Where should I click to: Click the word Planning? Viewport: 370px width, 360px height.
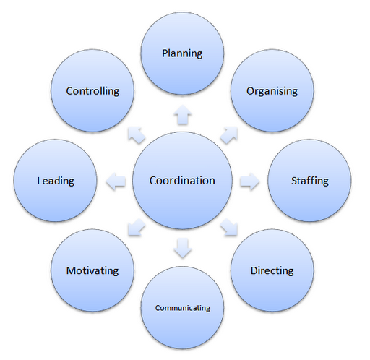(182, 53)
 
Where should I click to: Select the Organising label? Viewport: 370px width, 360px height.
(272, 91)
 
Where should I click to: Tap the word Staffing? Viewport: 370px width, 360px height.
(310, 181)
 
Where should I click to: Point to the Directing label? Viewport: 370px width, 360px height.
(272, 270)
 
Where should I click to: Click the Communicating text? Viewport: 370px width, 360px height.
(183, 308)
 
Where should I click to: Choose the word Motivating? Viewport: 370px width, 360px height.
(92, 270)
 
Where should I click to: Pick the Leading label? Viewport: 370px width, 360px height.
(56, 181)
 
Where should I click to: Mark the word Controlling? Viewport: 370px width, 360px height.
(92, 91)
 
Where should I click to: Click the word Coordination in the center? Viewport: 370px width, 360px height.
(182, 181)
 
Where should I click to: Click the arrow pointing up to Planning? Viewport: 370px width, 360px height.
(183, 115)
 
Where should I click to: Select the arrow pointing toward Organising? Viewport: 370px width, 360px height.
(229, 135)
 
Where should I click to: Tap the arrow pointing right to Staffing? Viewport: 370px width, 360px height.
(249, 181)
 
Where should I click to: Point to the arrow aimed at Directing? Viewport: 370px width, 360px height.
(229, 227)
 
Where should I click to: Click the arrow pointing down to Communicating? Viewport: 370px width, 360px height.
(183, 248)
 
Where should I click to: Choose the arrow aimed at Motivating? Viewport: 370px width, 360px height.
(137, 227)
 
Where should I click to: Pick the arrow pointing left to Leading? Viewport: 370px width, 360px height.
(116, 181)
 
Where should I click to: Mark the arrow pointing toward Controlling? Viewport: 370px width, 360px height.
(137, 135)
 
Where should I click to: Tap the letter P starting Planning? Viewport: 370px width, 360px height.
(165, 53)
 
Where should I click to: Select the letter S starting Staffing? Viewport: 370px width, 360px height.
(294, 181)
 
